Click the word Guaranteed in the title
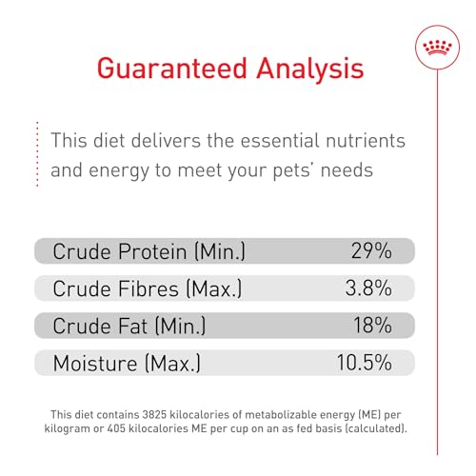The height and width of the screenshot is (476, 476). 177,69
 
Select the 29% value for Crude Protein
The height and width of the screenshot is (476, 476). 369,251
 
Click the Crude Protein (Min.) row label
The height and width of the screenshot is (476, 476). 149,251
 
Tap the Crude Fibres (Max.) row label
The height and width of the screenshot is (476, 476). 147,288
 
